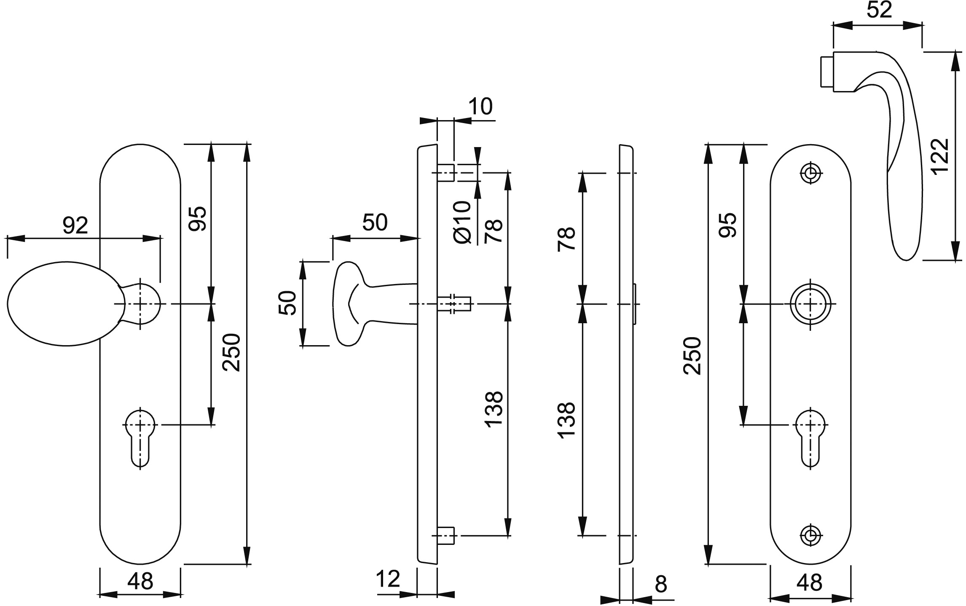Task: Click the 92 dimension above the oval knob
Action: click(x=75, y=225)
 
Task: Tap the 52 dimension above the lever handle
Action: click(x=879, y=10)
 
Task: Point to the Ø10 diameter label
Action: click(x=462, y=222)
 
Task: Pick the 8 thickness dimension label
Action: click(x=661, y=584)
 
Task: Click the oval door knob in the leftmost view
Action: click(x=65, y=304)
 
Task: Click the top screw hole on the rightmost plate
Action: click(x=810, y=173)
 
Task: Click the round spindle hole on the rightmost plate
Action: click(x=810, y=304)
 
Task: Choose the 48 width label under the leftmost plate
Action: click(x=140, y=582)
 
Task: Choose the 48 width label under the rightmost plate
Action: click(x=810, y=582)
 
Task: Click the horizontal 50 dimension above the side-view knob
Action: click(x=375, y=223)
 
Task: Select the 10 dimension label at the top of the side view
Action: click(x=480, y=106)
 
